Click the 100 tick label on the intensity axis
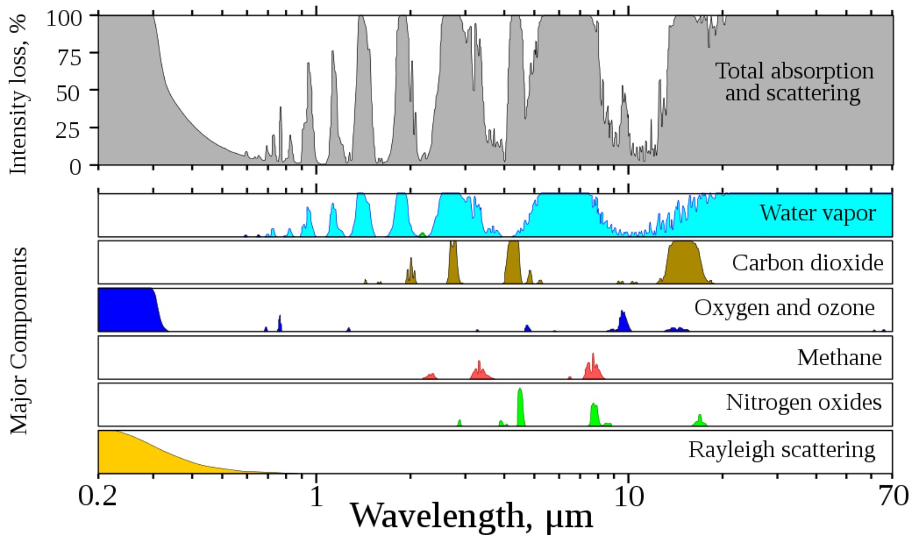coord(64,18)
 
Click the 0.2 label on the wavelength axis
coord(98,497)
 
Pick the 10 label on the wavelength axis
coord(629,497)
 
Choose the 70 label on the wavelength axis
coord(893,497)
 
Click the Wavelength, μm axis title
coord(472,517)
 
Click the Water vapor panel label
coord(818,213)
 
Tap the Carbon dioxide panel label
coord(807,263)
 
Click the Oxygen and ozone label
coord(784,307)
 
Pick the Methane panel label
coord(839,358)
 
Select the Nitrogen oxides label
coord(803,403)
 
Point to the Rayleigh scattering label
coord(781,450)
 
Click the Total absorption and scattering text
coord(793,82)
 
